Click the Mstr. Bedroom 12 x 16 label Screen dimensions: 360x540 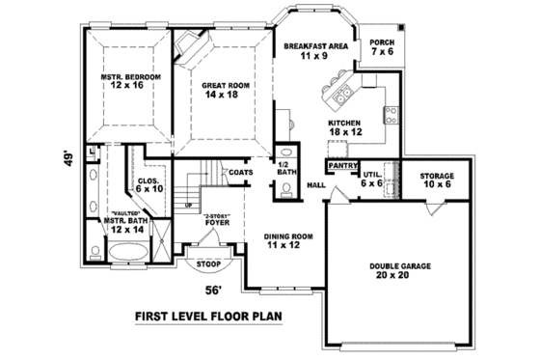(129, 82)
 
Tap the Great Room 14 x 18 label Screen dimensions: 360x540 (226, 91)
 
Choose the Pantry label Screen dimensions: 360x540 (343, 166)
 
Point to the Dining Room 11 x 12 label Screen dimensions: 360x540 (288, 240)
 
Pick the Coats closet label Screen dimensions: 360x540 (240, 172)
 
